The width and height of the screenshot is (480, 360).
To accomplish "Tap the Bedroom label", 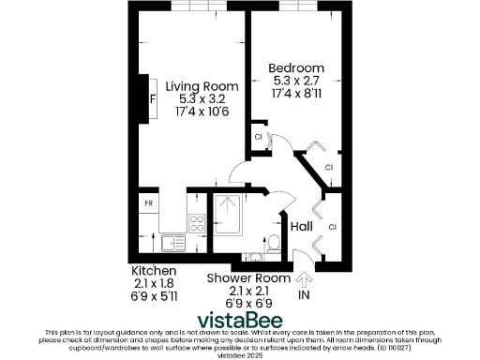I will click(x=296, y=68).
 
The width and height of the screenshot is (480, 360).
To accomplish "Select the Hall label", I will click(x=301, y=227).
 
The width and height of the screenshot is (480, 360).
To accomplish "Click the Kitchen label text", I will click(x=153, y=270).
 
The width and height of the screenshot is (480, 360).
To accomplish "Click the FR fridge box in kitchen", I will click(x=148, y=202).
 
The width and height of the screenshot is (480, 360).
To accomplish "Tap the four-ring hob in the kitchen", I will click(x=198, y=223).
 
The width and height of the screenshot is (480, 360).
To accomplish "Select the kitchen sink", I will click(x=172, y=243).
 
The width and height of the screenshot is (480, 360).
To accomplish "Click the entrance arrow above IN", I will click(x=303, y=278).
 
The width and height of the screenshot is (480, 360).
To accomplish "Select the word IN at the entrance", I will click(x=303, y=294).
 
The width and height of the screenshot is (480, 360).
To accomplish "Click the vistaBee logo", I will click(x=239, y=318).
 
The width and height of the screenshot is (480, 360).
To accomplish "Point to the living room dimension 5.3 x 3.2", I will click(x=197, y=98).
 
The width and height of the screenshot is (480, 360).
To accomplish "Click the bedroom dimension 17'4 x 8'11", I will click(x=296, y=95).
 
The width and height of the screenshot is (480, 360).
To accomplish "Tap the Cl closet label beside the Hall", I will click(x=333, y=227).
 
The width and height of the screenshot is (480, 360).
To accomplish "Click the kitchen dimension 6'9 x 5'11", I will click(x=153, y=296).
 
